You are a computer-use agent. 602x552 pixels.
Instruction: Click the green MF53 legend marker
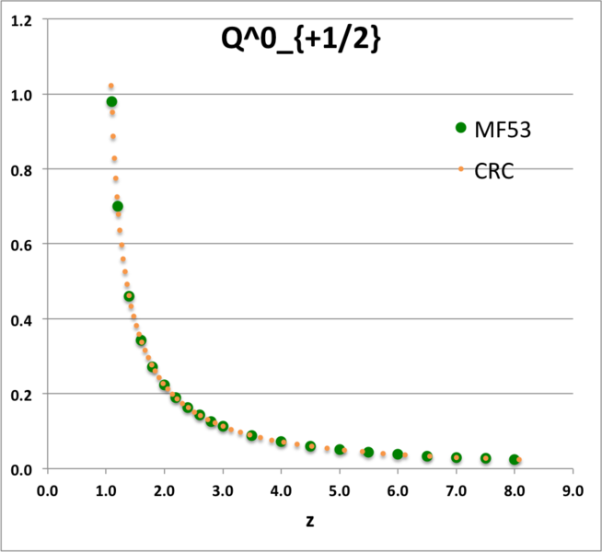click(461, 128)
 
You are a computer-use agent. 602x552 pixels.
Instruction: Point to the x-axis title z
click(312, 521)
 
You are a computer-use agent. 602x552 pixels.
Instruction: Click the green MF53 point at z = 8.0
click(515, 459)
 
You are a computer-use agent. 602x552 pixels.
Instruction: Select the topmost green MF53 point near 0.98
click(111, 102)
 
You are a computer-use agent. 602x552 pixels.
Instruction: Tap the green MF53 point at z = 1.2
click(118, 206)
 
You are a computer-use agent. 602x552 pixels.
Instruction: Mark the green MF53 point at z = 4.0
click(282, 442)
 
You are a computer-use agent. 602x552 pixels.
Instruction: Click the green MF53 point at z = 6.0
click(398, 454)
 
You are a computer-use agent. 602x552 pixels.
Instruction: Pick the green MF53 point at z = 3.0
click(223, 426)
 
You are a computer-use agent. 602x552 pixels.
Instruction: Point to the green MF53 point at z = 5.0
click(340, 450)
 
